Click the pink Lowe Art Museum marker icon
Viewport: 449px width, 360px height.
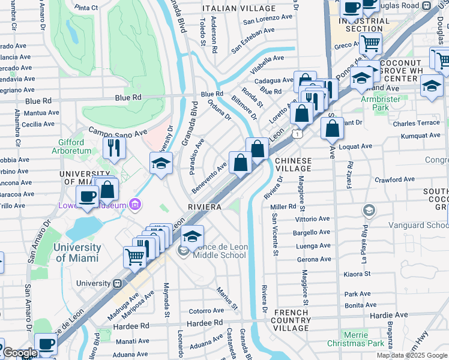136,206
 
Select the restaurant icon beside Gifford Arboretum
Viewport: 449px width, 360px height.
114,147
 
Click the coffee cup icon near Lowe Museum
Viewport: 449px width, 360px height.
88,196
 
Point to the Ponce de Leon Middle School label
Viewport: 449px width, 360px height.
220,251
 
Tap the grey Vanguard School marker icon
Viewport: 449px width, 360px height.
369,211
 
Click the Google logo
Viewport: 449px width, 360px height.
19,353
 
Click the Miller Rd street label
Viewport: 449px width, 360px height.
284,206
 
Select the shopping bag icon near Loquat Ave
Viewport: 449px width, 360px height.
332,128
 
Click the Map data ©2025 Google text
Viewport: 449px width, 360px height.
412,355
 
